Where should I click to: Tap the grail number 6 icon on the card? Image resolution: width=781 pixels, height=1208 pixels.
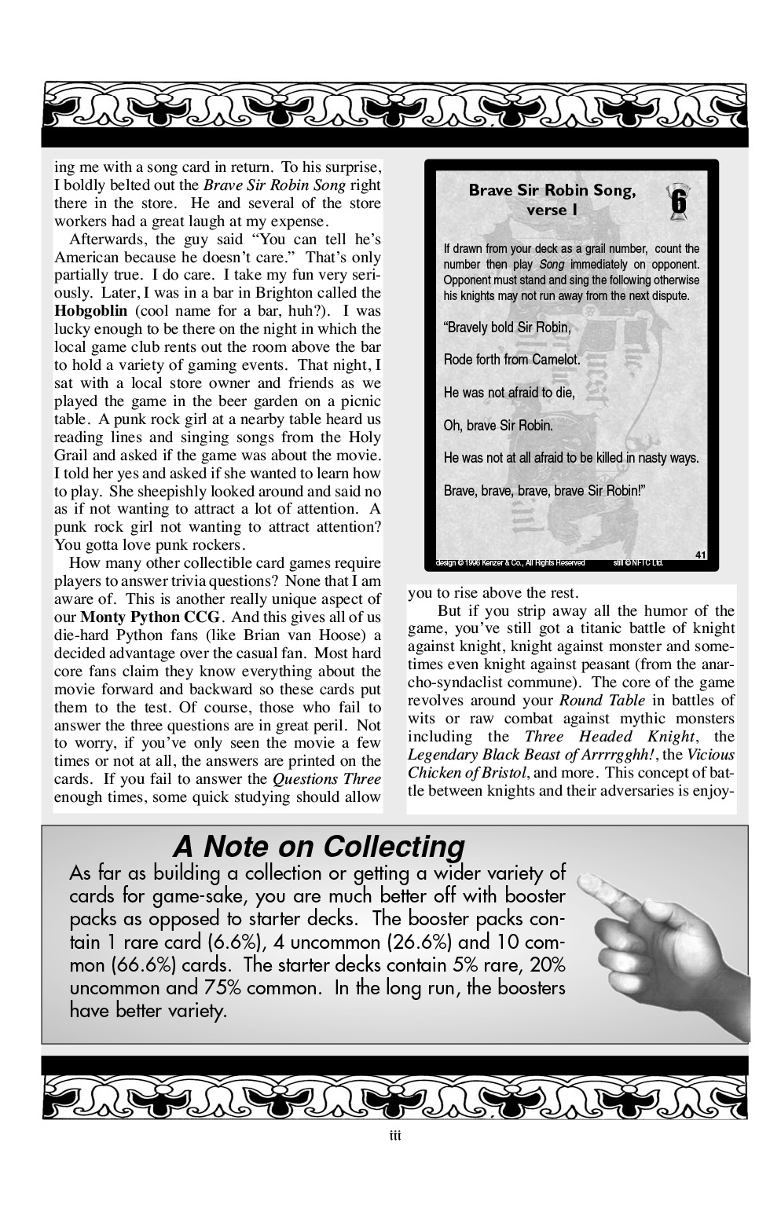pyautogui.click(x=677, y=200)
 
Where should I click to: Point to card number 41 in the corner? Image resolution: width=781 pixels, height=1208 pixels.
pyautogui.click(x=701, y=555)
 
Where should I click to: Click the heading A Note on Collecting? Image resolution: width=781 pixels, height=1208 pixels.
pyautogui.click(x=318, y=847)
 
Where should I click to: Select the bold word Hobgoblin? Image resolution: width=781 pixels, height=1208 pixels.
pyautogui.click(x=86, y=310)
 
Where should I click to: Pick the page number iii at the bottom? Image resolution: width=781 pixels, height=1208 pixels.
pyautogui.click(x=395, y=1136)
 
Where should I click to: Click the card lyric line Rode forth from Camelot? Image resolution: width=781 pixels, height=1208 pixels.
pyautogui.click(x=511, y=360)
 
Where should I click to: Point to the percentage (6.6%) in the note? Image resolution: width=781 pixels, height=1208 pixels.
pyautogui.click(x=237, y=942)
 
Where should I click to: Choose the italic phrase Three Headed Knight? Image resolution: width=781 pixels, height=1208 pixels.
pyautogui.click(x=609, y=737)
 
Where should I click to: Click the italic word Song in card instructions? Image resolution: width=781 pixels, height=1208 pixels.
pyautogui.click(x=552, y=265)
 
